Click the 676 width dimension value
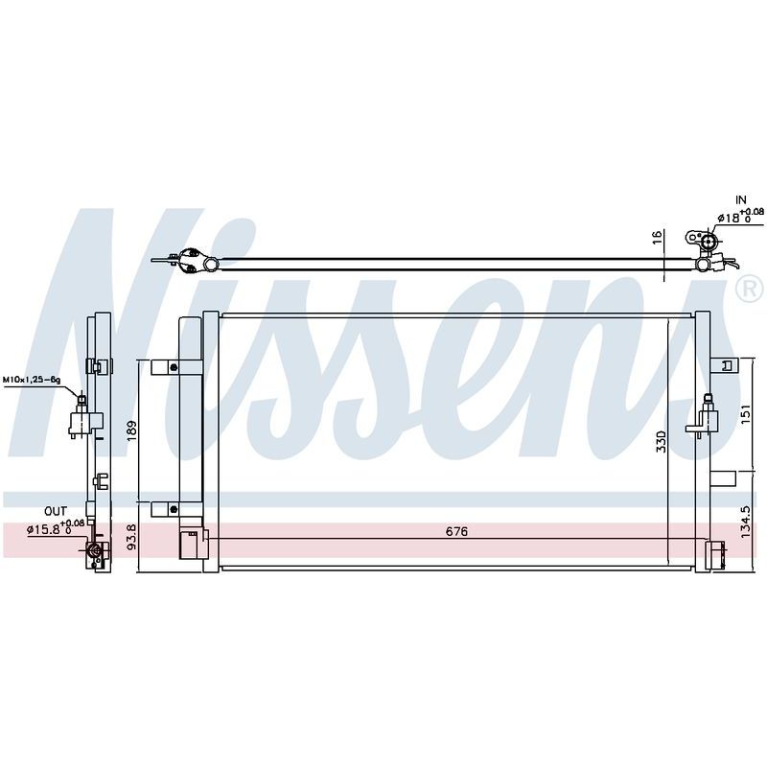click(x=456, y=531)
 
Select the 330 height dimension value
click(x=661, y=441)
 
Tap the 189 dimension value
click(x=132, y=430)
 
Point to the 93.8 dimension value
click(x=132, y=537)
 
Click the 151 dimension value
click(x=745, y=414)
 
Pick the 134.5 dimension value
click(x=745, y=522)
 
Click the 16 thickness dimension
click(x=658, y=237)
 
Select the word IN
click(x=741, y=199)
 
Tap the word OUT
click(x=56, y=512)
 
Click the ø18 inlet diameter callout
click(x=740, y=216)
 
